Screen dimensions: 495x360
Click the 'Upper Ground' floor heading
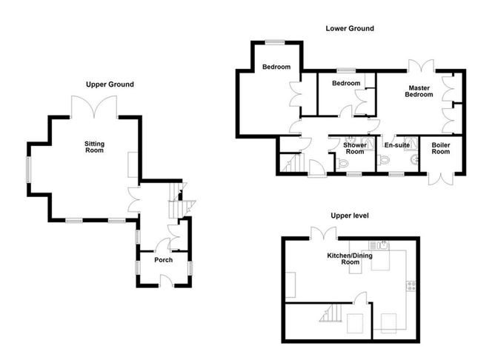110,84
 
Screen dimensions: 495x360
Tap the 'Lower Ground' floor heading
350,28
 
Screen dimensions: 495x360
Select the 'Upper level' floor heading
350,216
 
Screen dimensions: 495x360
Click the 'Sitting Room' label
94,147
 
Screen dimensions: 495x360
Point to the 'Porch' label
164,260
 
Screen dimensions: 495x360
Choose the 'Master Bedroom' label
419,91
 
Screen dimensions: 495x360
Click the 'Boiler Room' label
441,148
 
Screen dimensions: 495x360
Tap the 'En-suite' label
397,145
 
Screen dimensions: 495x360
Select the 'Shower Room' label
355,148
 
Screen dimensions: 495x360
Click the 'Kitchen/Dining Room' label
350,259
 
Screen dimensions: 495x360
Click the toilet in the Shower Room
342,163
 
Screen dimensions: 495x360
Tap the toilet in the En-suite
383,160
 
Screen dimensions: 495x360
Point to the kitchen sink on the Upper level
379,244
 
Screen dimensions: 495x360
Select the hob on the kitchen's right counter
411,286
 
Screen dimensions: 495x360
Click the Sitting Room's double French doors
94,107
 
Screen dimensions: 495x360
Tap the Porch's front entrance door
167,281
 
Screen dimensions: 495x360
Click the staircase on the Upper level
330,313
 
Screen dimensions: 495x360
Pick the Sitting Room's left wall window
28,170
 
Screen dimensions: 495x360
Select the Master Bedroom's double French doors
421,66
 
